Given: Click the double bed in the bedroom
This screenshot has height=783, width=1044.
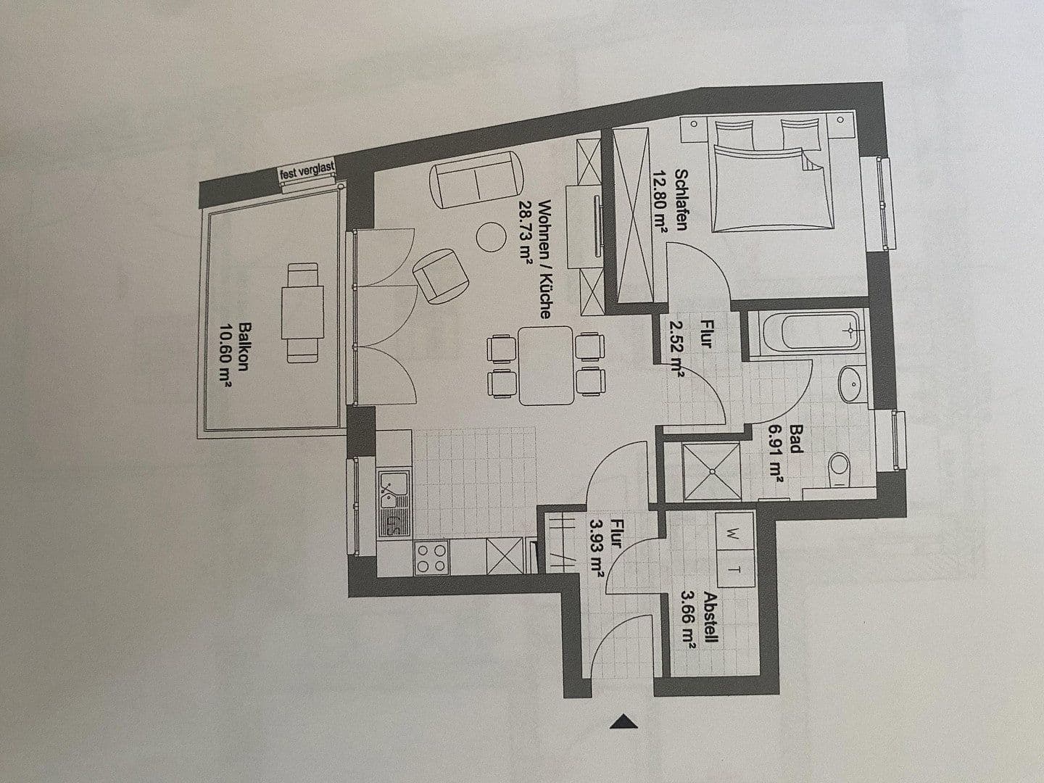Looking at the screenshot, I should [768, 181].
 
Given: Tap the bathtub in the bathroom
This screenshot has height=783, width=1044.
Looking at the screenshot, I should [805, 333].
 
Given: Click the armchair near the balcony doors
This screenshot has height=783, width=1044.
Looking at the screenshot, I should [439, 275].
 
